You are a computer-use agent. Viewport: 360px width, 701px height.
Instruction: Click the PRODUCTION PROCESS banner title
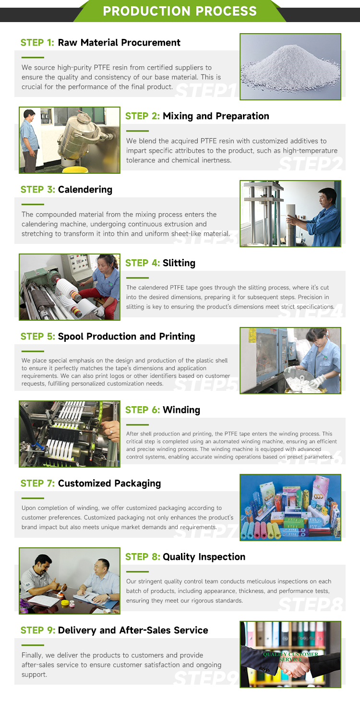click(180, 11)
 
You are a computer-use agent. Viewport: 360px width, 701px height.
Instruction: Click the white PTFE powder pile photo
click(290, 67)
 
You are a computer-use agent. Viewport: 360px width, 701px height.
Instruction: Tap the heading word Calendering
click(85, 190)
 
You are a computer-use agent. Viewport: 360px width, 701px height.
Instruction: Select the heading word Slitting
click(179, 263)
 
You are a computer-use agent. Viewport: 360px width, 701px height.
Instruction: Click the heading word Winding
click(181, 410)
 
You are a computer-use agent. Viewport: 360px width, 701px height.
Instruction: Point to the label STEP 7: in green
click(37, 483)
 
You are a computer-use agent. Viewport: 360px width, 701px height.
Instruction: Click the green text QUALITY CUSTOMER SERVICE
click(290, 656)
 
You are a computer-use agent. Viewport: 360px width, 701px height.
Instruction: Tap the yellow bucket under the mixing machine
click(74, 169)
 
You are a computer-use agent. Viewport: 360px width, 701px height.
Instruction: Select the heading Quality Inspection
click(204, 557)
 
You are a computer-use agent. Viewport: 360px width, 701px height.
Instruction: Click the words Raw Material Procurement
click(119, 43)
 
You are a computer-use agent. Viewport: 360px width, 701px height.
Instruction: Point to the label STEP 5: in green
click(37, 337)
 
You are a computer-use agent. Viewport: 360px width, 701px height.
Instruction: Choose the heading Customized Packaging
click(109, 483)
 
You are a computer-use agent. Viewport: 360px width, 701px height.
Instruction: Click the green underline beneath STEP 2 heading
click(137, 131)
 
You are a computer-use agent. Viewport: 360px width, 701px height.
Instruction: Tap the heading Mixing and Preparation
click(216, 116)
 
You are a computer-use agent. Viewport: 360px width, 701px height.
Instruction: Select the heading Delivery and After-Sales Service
click(133, 630)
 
